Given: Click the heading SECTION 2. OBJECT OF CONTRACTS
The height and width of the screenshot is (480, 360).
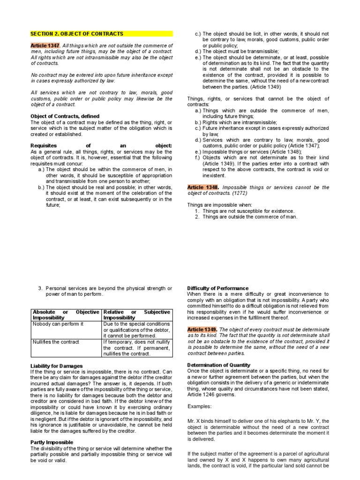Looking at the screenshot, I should pos(77,34).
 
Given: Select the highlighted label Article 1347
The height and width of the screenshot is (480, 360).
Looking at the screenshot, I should pos(45,45).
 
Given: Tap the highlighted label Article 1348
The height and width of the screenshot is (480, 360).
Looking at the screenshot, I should pos(203,187).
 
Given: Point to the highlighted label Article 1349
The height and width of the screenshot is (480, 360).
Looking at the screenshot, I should pos(202,330).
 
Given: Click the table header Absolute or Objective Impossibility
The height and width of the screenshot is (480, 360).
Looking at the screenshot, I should pos(66,315).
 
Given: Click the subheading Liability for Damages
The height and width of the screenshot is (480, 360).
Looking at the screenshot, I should pos(56,366).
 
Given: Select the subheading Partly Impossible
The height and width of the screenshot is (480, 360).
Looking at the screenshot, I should pos(51,442).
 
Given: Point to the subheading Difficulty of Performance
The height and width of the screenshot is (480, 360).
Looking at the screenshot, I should pos(218,288).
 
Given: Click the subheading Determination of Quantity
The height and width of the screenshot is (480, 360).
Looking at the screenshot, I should pos(219,365).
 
